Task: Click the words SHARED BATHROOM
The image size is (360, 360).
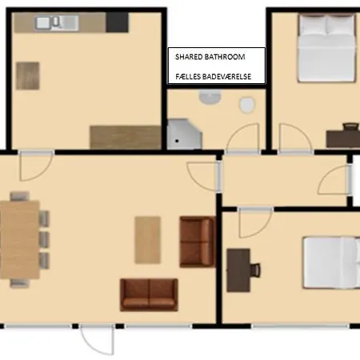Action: click(x=210, y=57)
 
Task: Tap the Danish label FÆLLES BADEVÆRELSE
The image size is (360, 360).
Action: click(x=213, y=77)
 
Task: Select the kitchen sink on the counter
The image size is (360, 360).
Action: click(x=57, y=23)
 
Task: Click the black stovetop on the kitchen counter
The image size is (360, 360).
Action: click(x=117, y=22)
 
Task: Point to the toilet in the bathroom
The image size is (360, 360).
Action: click(x=247, y=105)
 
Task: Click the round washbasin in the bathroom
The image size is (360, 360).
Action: click(x=210, y=97)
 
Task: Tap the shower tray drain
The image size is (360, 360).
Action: click(x=177, y=141)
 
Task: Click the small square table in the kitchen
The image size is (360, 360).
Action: click(x=28, y=76)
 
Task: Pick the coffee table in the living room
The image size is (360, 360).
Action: click(x=148, y=240)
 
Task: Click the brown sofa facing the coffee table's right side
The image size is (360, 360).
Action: click(x=198, y=242)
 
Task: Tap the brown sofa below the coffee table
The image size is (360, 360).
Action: click(x=149, y=295)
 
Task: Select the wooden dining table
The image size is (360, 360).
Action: click(x=19, y=240)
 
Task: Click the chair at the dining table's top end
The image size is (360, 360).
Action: click(x=19, y=196)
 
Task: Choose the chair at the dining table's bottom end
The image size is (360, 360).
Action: click(x=19, y=283)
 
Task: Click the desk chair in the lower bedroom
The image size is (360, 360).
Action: click(x=255, y=270)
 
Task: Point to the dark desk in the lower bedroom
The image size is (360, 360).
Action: click(x=238, y=270)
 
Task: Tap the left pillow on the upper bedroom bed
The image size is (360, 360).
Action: click(x=313, y=25)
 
